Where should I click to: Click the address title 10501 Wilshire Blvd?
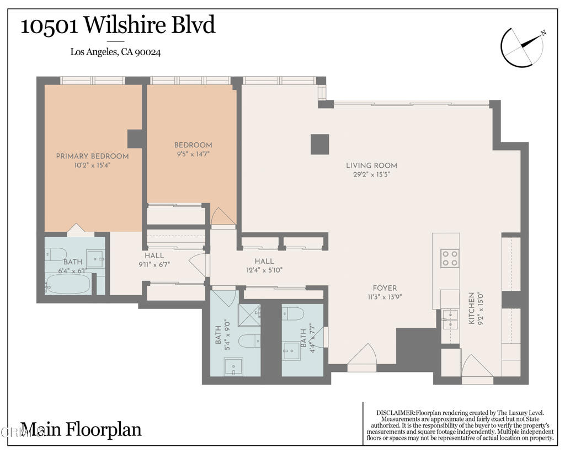pyautogui.click(x=118, y=26)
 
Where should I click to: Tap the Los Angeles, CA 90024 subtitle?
pyautogui.click(x=115, y=52)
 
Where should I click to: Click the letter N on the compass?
pyautogui.click(x=543, y=34)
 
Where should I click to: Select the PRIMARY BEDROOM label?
pyautogui.click(x=92, y=156)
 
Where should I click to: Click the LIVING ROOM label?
pyautogui.click(x=371, y=166)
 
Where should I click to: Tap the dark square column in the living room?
pyautogui.click(x=319, y=145)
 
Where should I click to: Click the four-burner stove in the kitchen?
pyautogui.click(x=450, y=258)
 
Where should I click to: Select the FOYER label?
pyautogui.click(x=384, y=288)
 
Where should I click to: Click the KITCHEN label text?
pyautogui.click(x=471, y=307)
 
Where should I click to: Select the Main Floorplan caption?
pyautogui.click(x=81, y=429)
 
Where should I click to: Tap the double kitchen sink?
pyautogui.click(x=450, y=319)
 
